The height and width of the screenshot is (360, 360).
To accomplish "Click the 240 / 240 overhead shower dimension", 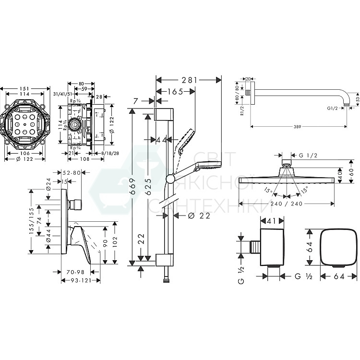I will pos(285,203).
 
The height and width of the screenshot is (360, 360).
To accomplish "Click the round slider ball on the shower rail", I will pos(168,180).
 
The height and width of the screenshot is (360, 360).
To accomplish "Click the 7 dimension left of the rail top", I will pos(137,101).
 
